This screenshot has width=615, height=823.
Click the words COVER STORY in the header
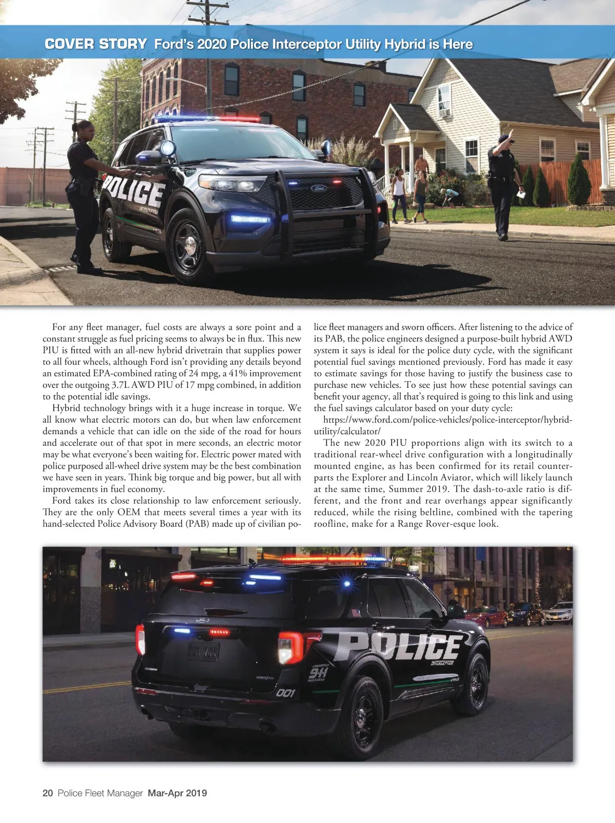(96, 44)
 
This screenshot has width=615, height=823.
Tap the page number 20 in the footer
(48, 793)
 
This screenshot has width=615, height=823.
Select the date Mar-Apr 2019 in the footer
(177, 793)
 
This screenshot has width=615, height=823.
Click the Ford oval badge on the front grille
(318, 188)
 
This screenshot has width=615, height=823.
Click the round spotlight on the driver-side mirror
(168, 148)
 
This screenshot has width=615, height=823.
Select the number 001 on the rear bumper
(285, 693)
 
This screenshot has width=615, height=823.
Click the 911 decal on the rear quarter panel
(318, 673)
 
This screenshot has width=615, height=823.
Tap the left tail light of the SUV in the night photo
(140, 640)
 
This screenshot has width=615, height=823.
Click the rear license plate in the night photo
(203, 651)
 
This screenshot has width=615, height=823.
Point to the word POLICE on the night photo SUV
(397, 647)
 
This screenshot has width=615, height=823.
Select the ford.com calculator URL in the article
(443, 425)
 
